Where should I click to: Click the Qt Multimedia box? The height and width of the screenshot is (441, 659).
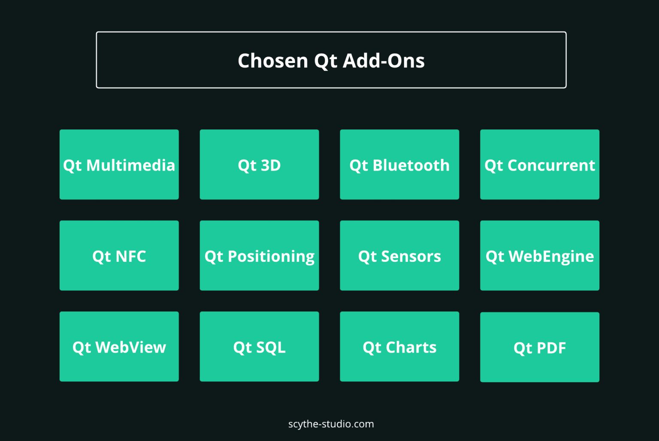point(119,165)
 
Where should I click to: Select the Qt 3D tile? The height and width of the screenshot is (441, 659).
point(259,165)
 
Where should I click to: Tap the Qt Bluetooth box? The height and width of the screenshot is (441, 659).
point(399,165)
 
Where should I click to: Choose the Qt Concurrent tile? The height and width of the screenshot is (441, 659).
point(540,165)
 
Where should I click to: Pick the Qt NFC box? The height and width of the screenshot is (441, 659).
point(119,255)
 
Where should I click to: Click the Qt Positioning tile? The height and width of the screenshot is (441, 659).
point(259,255)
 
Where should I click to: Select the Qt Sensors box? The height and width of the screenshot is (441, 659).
point(399,255)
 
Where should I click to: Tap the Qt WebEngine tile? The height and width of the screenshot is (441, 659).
point(540,255)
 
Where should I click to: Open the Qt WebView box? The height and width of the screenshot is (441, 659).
point(119,347)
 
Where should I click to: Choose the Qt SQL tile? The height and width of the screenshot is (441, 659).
point(259,347)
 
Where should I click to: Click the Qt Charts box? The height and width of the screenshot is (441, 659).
point(399,347)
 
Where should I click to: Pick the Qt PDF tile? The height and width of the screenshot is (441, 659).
point(540,347)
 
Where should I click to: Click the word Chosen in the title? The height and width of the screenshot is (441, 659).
point(273,60)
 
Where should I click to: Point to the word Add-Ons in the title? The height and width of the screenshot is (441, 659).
point(384,60)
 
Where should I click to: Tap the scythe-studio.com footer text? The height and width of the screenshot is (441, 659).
point(331,424)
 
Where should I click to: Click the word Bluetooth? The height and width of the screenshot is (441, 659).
point(411,165)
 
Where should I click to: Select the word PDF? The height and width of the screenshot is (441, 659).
point(551,348)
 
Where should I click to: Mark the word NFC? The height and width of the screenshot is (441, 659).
point(131,256)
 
